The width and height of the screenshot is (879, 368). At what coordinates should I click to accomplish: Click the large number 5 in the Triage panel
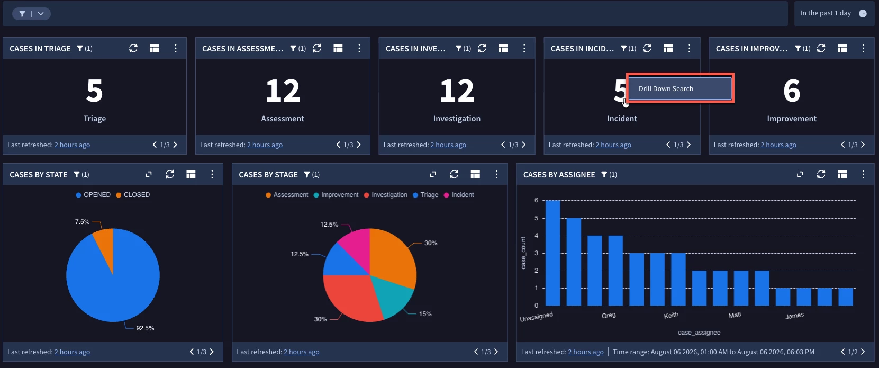95,91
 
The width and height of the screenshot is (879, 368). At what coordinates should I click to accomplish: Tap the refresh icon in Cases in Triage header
133,48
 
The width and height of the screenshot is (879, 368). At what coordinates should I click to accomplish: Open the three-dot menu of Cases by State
212,174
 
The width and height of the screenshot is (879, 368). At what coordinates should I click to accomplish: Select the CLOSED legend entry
133,195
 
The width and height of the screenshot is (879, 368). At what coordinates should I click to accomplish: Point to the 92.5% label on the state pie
145,328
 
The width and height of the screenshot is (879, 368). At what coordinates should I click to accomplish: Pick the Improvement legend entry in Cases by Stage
336,195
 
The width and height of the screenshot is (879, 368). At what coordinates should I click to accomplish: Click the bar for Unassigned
553,253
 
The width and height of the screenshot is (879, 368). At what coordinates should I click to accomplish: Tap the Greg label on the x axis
609,315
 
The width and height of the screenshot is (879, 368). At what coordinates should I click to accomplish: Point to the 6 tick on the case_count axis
537,200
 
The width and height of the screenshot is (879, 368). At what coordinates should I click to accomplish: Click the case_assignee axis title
699,333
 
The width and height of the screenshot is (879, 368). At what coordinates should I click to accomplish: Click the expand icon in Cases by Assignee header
800,174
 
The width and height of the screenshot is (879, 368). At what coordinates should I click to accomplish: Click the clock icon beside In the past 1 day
863,13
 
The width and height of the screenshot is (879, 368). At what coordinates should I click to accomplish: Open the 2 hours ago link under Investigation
448,145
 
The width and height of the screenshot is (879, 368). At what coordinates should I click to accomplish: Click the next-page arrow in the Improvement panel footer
863,145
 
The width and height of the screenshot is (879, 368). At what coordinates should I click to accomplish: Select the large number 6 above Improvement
792,91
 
